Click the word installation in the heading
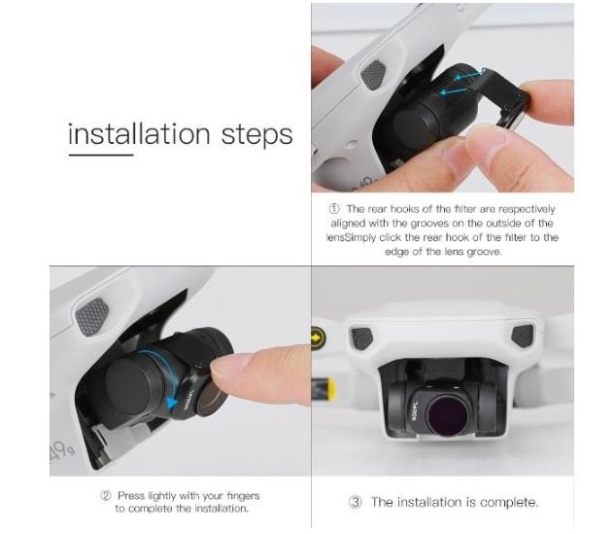(x=139, y=134)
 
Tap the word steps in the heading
(x=256, y=135)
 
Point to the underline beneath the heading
(x=101, y=155)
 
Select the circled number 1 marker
(x=334, y=208)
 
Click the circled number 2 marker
(x=106, y=495)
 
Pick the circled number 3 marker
(x=356, y=502)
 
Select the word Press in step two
(x=130, y=495)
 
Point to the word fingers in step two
(x=243, y=496)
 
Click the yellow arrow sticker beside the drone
(x=319, y=337)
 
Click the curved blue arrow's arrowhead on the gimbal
(x=171, y=403)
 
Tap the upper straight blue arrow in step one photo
(x=467, y=75)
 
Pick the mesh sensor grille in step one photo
(x=373, y=74)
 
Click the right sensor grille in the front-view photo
(x=523, y=337)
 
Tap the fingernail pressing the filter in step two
(x=222, y=363)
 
